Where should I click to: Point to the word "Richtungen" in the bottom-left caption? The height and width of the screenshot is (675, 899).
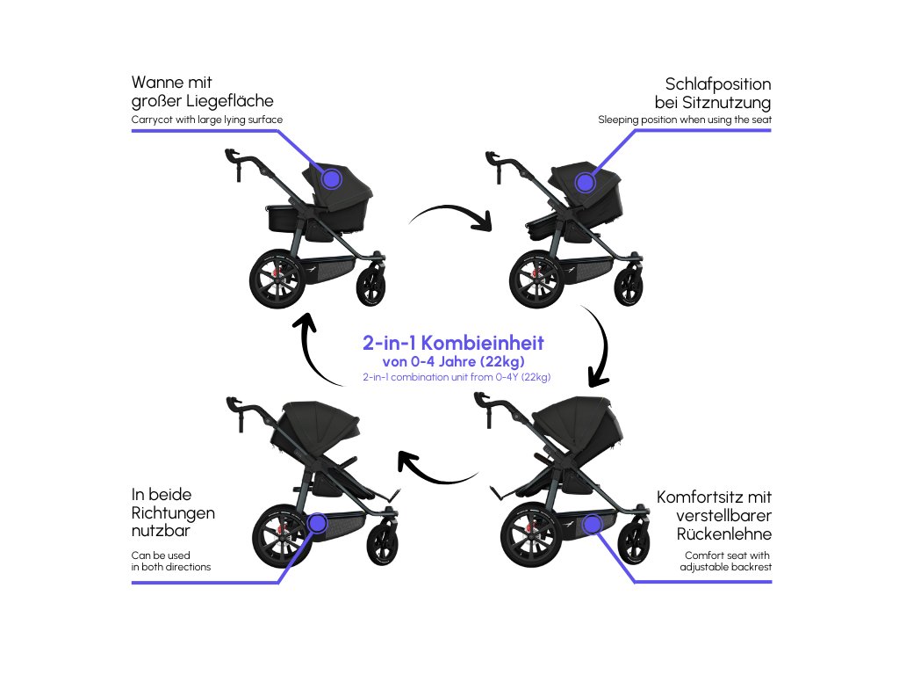pyautogui.click(x=173, y=513)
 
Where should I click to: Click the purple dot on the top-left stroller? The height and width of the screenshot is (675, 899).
pyautogui.click(x=331, y=178)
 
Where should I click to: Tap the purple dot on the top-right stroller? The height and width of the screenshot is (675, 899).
pyautogui.click(x=585, y=182)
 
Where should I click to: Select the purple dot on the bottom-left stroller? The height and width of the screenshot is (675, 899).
pyautogui.click(x=317, y=524)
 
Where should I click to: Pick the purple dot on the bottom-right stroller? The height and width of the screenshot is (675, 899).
pyautogui.click(x=593, y=525)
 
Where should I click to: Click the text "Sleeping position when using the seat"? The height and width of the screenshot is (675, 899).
pyautogui.click(x=684, y=119)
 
